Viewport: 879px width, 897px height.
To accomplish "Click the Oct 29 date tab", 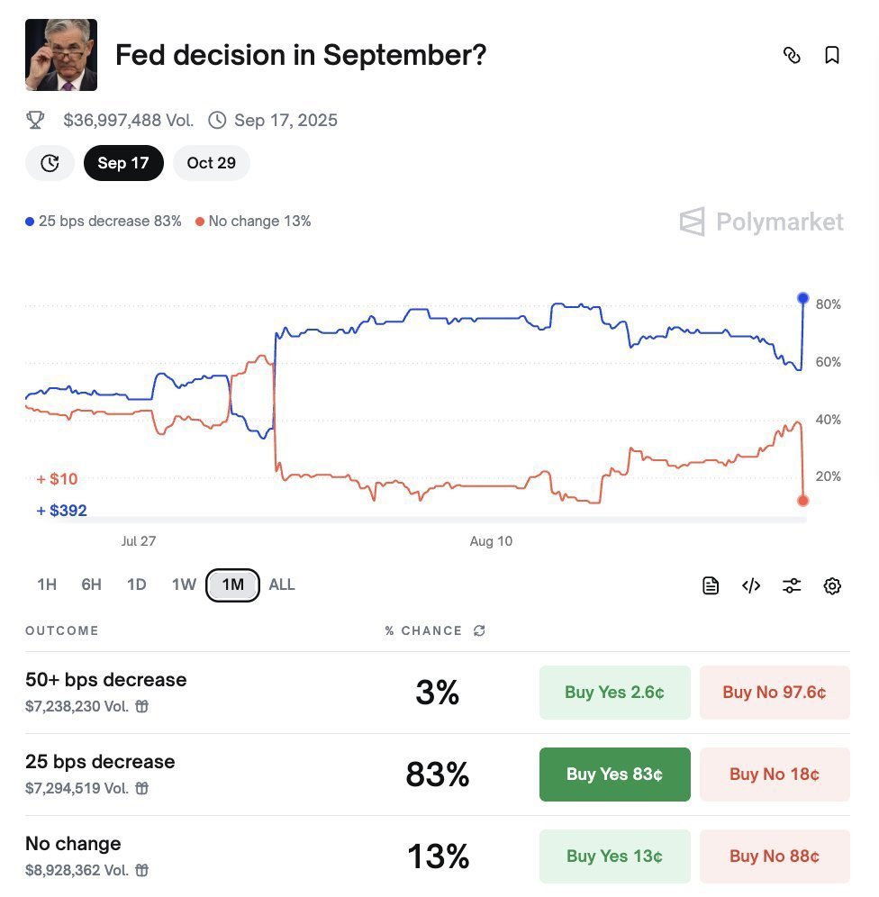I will click(211, 163).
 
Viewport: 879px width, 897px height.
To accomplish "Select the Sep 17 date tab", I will click(123, 163).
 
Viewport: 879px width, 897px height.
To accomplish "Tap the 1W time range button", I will click(184, 584).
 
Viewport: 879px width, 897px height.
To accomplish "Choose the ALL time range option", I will click(282, 584).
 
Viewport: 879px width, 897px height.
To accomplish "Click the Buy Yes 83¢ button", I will click(614, 775).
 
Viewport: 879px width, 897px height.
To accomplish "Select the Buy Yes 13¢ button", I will click(614, 856).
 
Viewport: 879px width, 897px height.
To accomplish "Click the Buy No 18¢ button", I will click(775, 775).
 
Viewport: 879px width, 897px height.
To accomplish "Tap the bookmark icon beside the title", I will click(832, 56).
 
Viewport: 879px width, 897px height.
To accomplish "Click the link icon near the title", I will click(792, 56).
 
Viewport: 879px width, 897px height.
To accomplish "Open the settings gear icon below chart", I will click(832, 586).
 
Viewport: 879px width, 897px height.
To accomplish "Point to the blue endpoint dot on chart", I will click(803, 298).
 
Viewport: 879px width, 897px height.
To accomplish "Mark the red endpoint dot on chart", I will click(803, 501).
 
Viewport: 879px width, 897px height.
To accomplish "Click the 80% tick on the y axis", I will click(828, 304).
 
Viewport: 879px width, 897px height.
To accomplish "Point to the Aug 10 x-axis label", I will click(491, 541).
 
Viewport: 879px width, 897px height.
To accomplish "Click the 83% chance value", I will click(438, 775).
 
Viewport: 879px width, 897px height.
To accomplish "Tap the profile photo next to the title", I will click(61, 55).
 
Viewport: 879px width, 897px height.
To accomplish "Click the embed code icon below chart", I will click(751, 586).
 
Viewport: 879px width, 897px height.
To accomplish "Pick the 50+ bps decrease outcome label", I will click(106, 680).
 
